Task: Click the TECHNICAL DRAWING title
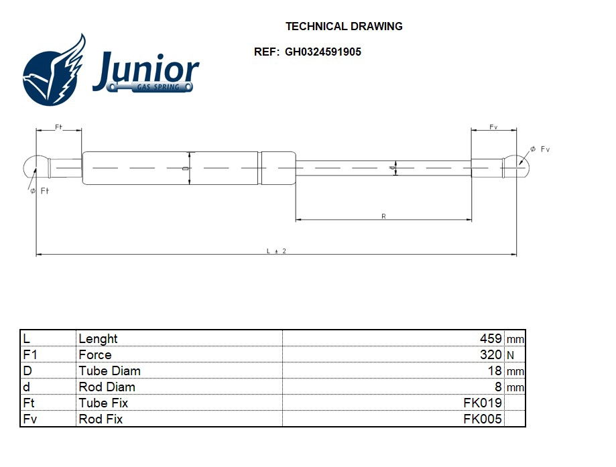click(x=344, y=27)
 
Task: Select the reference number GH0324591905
click(x=323, y=52)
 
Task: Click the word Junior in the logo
click(x=146, y=70)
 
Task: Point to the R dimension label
click(x=383, y=216)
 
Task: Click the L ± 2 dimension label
click(x=276, y=251)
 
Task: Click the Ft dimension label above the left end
click(x=58, y=127)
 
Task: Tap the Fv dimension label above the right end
click(x=493, y=127)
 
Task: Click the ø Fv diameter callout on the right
click(x=540, y=149)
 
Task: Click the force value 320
click(x=491, y=355)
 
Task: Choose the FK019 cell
click(x=483, y=403)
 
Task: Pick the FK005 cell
click(x=483, y=419)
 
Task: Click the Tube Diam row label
click(x=110, y=371)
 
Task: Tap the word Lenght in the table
click(x=98, y=339)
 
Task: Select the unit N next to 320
click(x=511, y=356)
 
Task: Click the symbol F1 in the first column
click(x=29, y=355)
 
